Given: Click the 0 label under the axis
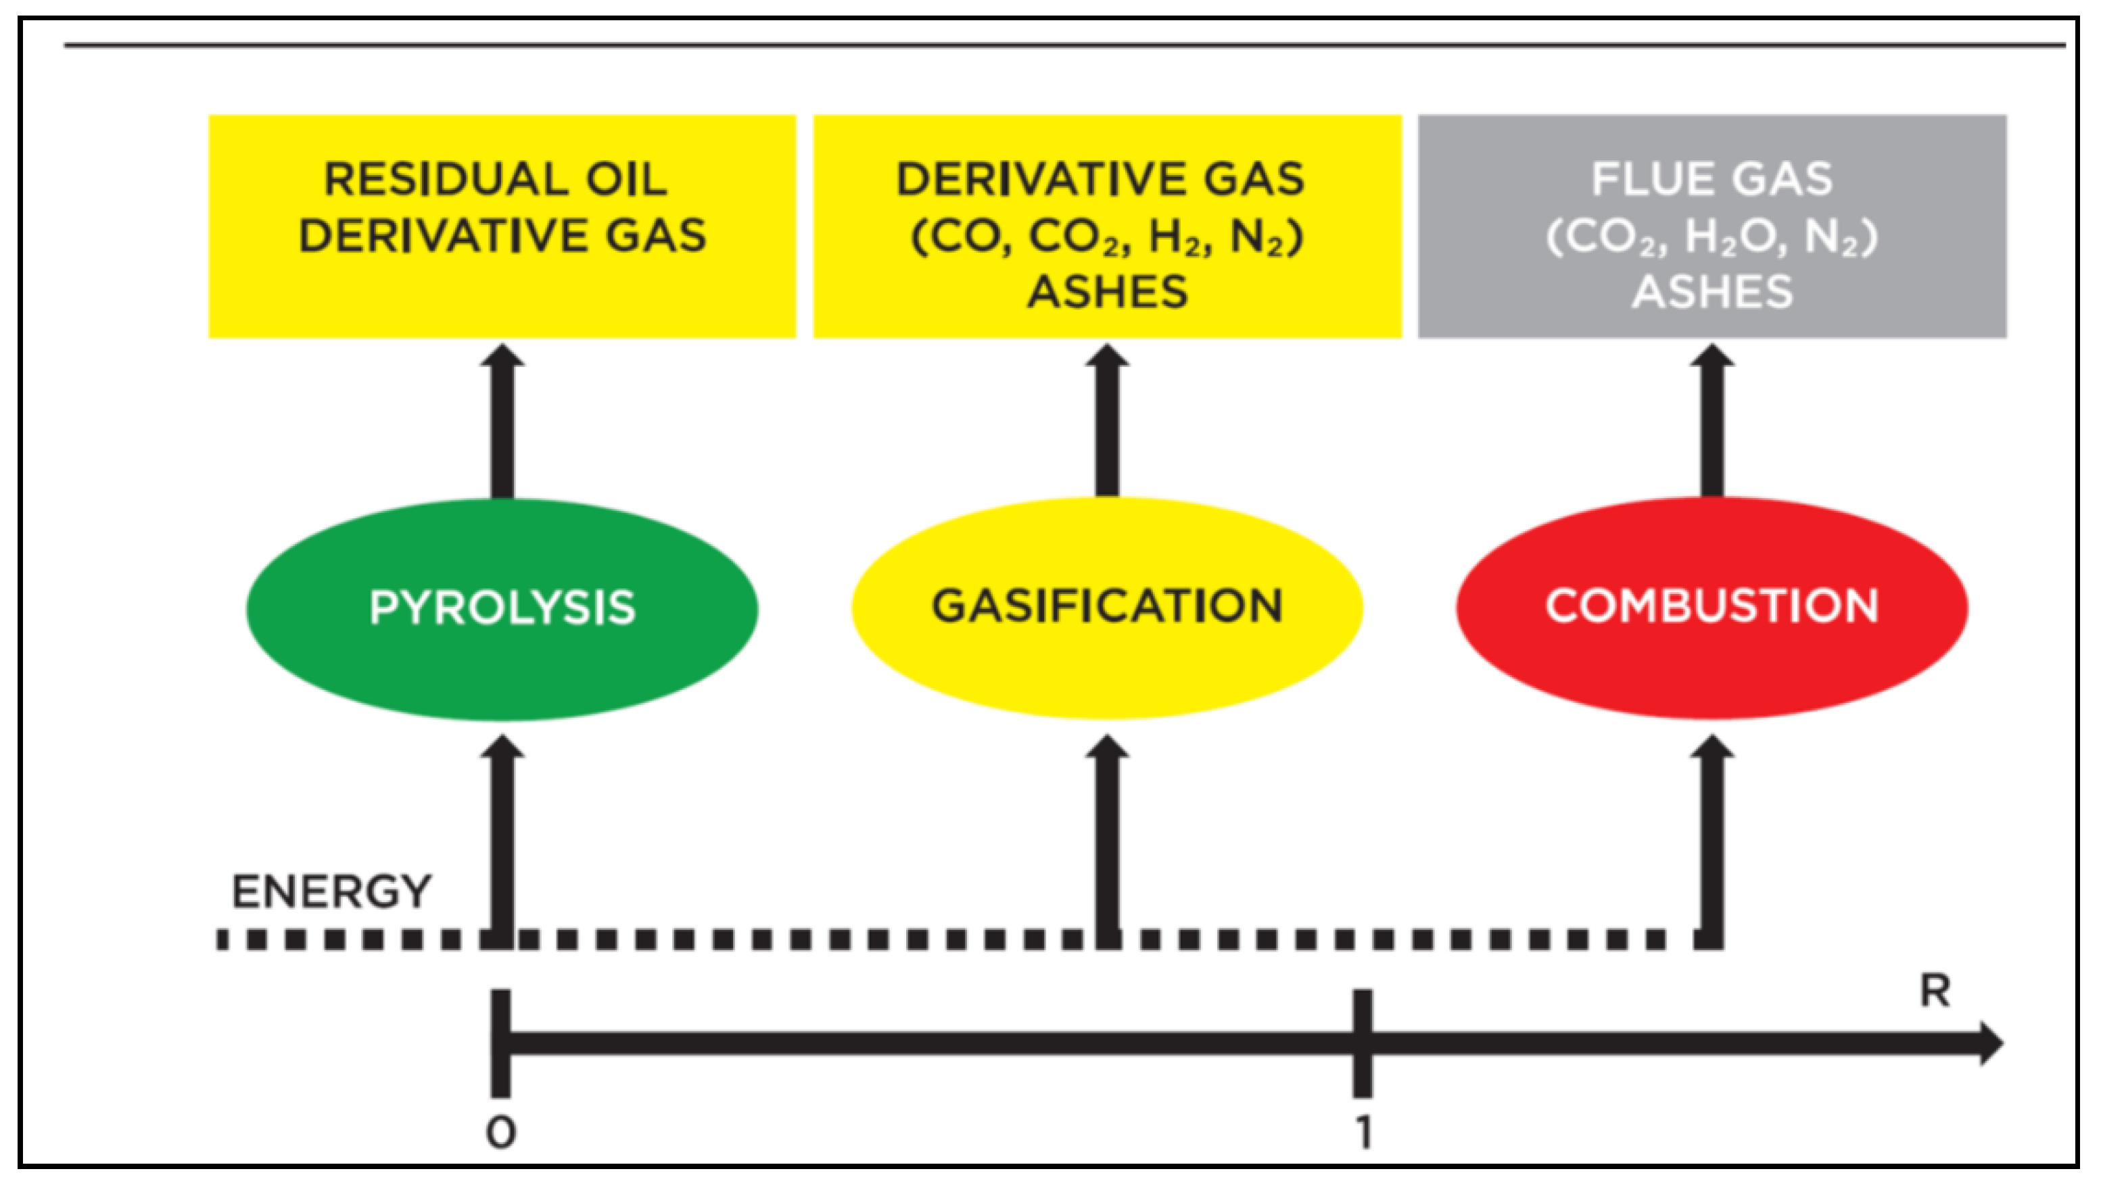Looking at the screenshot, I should pos(500,1133).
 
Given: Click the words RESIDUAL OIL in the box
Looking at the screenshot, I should pos(496,180).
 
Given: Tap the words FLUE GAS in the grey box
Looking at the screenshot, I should pos(1712,180).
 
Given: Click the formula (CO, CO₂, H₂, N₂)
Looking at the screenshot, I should pos(1107,237).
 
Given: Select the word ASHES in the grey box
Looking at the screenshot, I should pos(1712,292).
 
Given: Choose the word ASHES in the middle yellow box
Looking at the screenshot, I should pos(1107,292).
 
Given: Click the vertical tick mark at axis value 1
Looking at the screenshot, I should pos(1363,1043).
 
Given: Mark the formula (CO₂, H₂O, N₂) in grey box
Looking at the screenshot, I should pos(1712,237).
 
